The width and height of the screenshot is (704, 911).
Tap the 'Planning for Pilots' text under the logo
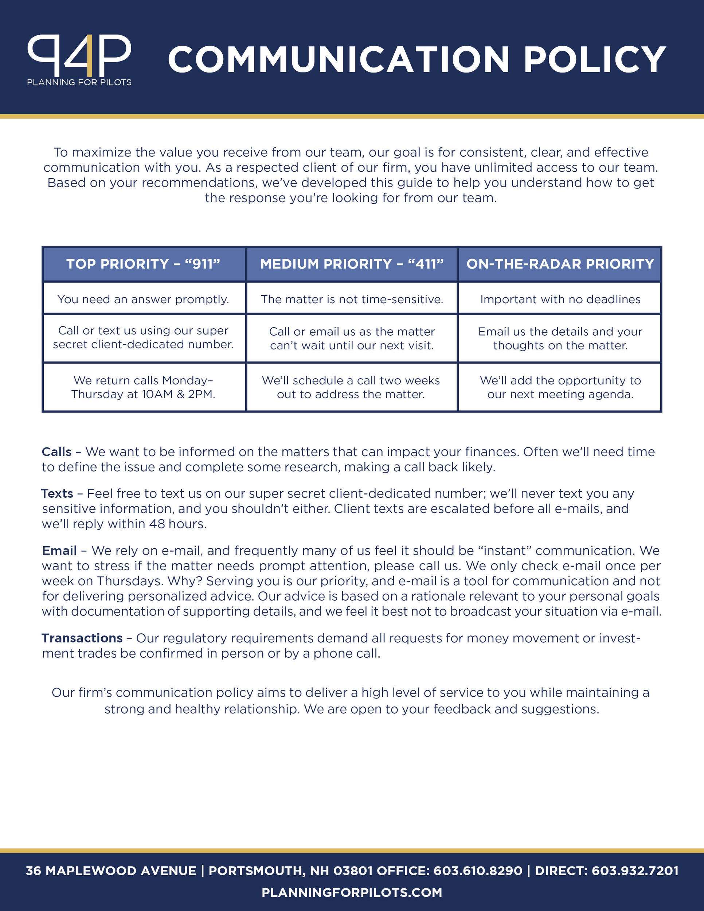coord(79,82)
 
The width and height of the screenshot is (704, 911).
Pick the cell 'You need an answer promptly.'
coord(144,299)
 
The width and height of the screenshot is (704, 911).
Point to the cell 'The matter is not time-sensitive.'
coord(352,299)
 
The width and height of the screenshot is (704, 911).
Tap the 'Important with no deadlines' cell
coord(560,299)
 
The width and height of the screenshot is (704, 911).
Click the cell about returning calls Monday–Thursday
coord(144,387)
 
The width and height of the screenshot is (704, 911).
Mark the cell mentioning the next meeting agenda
coord(560,387)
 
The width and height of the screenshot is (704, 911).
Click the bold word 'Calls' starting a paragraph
coord(57,452)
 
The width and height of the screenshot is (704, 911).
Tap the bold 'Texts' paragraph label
coord(57,493)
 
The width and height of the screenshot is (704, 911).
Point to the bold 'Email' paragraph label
coord(59,551)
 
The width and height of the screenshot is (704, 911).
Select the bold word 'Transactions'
coord(82,638)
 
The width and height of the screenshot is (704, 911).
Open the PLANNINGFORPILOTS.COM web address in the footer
coord(352,892)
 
